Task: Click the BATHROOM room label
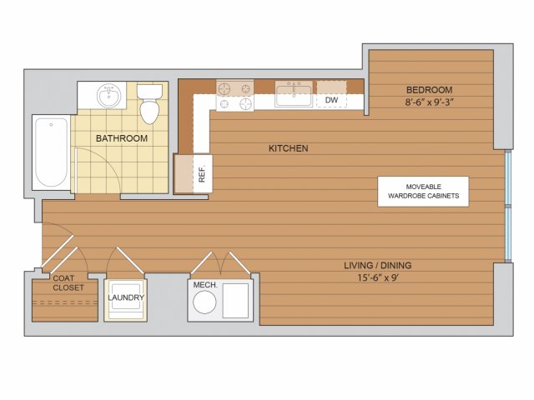pos(122,138)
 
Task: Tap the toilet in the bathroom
pos(149,103)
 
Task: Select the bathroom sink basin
pos(108,95)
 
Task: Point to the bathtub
pos(52,152)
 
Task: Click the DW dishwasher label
pos(331,100)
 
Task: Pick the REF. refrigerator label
pos(202,174)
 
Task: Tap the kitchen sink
pos(294,94)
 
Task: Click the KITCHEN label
pos(289,148)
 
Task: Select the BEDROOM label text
pos(430,90)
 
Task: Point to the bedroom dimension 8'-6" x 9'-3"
pos(430,102)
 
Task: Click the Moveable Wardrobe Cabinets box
pos(423,192)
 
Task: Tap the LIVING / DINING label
pos(378,265)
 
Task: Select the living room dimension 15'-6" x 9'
pos(378,277)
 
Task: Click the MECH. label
pos(205,285)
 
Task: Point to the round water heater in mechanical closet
pos(204,302)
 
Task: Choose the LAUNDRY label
pos(126,297)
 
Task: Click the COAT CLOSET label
pos(68,283)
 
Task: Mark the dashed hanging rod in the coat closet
pos(65,302)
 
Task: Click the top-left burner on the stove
pos(224,89)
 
